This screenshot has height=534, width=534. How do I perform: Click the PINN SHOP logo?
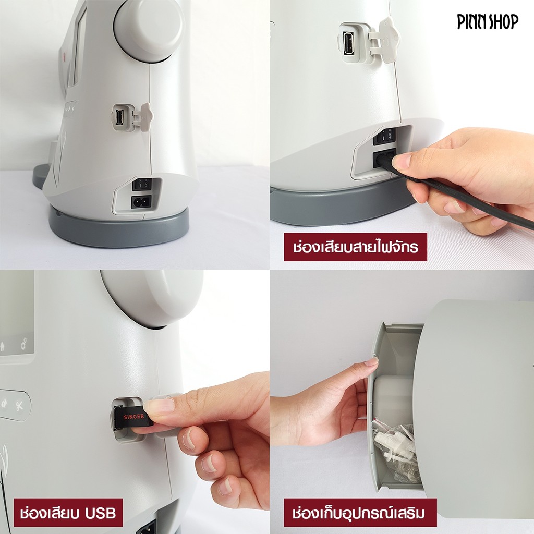pos(488,22)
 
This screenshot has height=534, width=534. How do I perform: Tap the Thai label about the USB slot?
pos(68,513)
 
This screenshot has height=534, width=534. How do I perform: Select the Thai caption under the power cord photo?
pos(355,247)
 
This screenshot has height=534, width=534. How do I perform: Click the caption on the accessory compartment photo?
pos(360,513)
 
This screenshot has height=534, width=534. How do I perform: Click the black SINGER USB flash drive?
pos(133,417)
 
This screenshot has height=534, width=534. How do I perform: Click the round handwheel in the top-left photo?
pos(149,30)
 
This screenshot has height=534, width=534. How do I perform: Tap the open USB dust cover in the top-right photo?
pos(388,40)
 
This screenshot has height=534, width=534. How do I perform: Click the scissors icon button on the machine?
pos(19,406)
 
